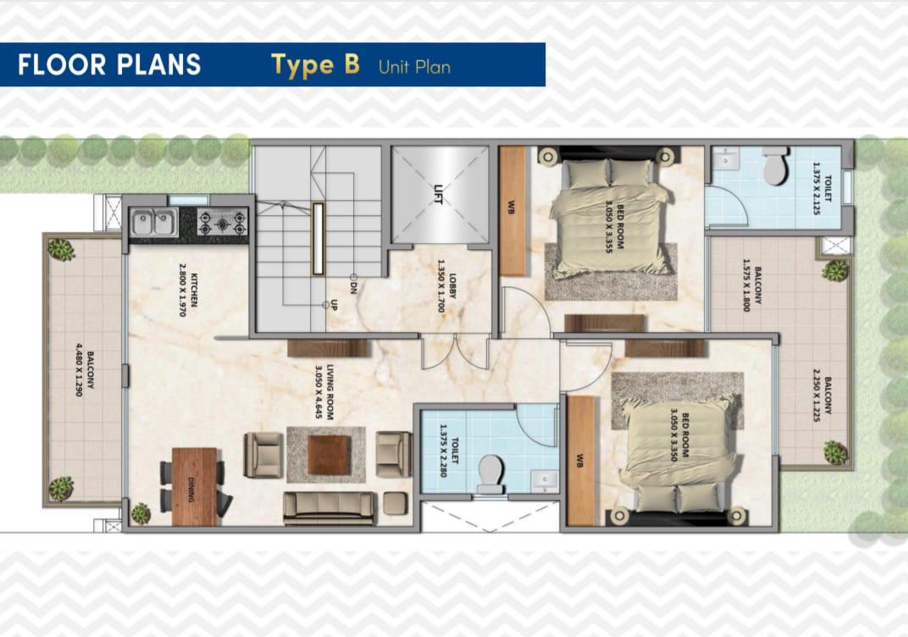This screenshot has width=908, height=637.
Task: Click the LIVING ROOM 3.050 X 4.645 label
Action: pos(326,391)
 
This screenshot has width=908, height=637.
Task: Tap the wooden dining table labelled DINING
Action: pos(194,486)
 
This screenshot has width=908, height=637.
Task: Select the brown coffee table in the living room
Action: pos(328,454)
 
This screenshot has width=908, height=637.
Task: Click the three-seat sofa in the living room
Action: pos(329,507)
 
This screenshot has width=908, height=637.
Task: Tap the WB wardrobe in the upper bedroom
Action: pos(512,211)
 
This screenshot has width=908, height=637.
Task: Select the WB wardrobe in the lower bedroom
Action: pos(580,462)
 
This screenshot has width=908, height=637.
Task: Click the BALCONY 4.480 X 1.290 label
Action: pos(84,369)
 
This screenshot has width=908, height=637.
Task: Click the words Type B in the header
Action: pos(315,65)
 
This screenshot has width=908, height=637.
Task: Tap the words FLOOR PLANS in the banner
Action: pos(109,65)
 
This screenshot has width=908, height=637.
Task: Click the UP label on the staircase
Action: pos(335,303)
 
